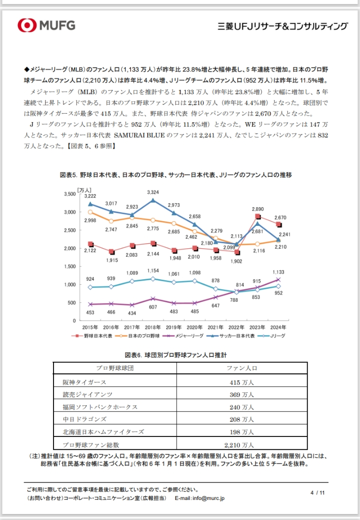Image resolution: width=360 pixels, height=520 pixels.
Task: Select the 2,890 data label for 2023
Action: [x=257, y=209]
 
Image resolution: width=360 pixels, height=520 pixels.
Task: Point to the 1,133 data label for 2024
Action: [x=278, y=272]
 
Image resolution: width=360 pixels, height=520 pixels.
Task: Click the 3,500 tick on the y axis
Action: [x=68, y=194]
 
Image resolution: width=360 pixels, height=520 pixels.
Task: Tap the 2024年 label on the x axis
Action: [x=278, y=327]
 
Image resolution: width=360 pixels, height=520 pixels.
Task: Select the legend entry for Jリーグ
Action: [x=277, y=336]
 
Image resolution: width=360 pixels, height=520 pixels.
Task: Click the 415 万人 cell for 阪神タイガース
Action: [x=242, y=382]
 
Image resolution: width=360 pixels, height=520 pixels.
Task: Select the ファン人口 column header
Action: [x=242, y=368]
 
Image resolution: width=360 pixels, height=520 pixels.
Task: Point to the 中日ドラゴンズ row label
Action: [x=84, y=419]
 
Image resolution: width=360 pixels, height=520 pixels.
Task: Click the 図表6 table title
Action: [x=175, y=355]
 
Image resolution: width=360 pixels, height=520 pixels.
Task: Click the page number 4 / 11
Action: [x=317, y=492]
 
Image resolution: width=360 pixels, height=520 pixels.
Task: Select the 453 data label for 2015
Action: [x=90, y=312]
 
